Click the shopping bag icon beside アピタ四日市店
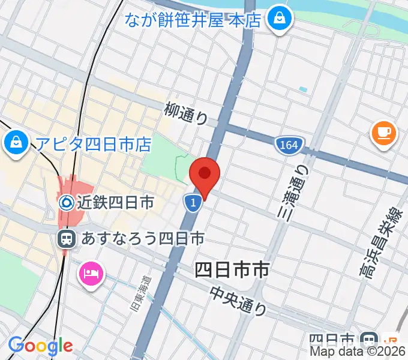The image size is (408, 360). pos(14,142)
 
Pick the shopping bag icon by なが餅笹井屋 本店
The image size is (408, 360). pos(279,18)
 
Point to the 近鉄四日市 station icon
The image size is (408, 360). pos(67,203)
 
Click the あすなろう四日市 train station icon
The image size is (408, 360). pos(67,239)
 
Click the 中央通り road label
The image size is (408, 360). pos(239,300)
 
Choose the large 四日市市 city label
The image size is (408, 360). pos(232,271)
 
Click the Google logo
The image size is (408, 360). pos(40,346)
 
